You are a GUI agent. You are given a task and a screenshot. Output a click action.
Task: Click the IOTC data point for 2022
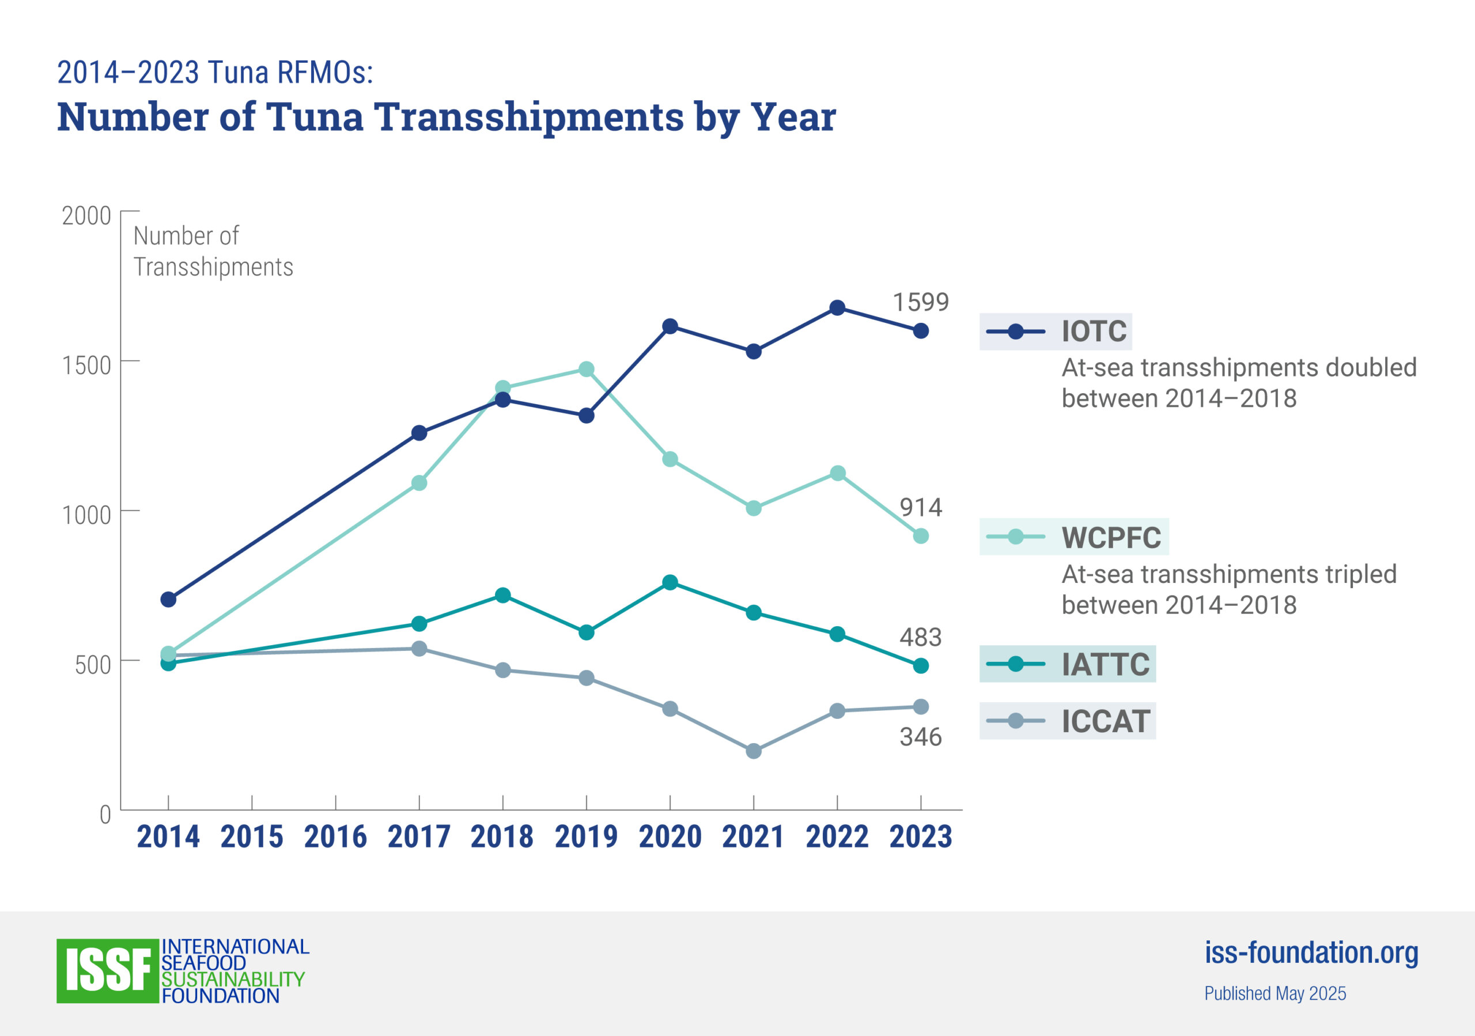pyautogui.click(x=837, y=308)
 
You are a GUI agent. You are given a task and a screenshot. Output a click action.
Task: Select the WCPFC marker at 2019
pyautogui.click(x=587, y=370)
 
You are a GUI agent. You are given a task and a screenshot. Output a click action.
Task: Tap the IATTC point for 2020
pyautogui.click(x=670, y=583)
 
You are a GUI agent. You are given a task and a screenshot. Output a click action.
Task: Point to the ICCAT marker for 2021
pyautogui.click(x=754, y=751)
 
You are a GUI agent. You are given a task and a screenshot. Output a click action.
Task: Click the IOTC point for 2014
pyautogui.click(x=168, y=600)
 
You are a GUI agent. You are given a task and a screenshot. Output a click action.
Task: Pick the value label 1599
pyautogui.click(x=921, y=302)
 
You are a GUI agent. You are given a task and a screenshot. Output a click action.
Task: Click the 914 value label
pyautogui.click(x=921, y=508)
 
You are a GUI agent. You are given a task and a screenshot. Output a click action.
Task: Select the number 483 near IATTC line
pyautogui.click(x=921, y=638)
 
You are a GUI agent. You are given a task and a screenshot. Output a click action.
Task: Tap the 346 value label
pyautogui.click(x=921, y=737)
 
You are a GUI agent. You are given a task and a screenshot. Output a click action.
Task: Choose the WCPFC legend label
pyautogui.click(x=1111, y=537)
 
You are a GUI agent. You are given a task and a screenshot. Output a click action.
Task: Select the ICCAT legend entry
pyautogui.click(x=1105, y=721)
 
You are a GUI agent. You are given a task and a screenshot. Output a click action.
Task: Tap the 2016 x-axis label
pyautogui.click(x=335, y=837)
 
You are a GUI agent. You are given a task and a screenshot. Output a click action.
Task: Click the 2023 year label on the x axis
pyautogui.click(x=921, y=837)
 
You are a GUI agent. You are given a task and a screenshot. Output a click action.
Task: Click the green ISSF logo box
pyautogui.click(x=108, y=970)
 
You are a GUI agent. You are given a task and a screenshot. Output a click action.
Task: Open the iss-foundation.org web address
pyautogui.click(x=1311, y=952)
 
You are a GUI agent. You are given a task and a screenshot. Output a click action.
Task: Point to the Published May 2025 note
pyautogui.click(x=1274, y=993)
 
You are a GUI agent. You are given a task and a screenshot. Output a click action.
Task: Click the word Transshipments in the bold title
pyautogui.click(x=530, y=117)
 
